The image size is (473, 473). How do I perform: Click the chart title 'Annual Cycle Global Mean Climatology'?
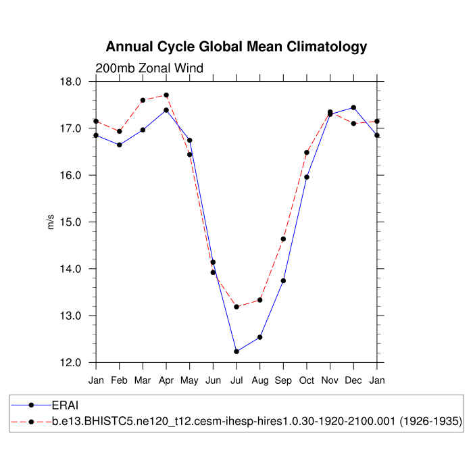tap(236, 47)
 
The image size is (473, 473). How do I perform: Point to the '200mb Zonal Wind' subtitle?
tap(149, 68)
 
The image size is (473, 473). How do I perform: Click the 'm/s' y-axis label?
tap(51, 222)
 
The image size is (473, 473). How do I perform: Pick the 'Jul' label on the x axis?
tap(236, 380)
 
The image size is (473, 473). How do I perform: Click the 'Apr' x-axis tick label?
tap(166, 380)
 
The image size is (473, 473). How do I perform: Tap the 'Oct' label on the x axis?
tap(307, 380)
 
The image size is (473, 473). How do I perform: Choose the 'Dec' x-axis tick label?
tap(353, 380)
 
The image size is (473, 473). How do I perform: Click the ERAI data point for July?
tap(236, 351)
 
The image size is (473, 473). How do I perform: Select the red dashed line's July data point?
tap(236, 307)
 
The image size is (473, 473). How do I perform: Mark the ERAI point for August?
tap(259, 337)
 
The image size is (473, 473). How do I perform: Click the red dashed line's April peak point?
tap(166, 95)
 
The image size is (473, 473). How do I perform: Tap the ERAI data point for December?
tap(353, 107)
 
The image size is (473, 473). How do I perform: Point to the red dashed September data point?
tap(283, 239)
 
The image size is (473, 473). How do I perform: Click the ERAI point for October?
tap(307, 177)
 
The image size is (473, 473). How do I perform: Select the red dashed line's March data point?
tap(143, 100)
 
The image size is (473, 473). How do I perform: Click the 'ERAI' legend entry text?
tap(66, 405)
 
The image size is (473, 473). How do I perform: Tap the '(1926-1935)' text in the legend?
tap(430, 421)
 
